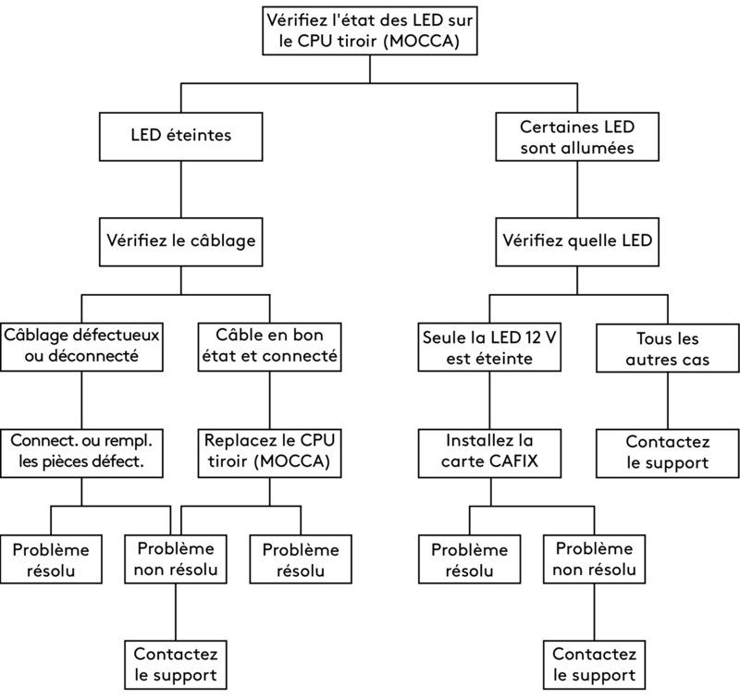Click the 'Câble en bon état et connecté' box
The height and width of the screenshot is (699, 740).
268,346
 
